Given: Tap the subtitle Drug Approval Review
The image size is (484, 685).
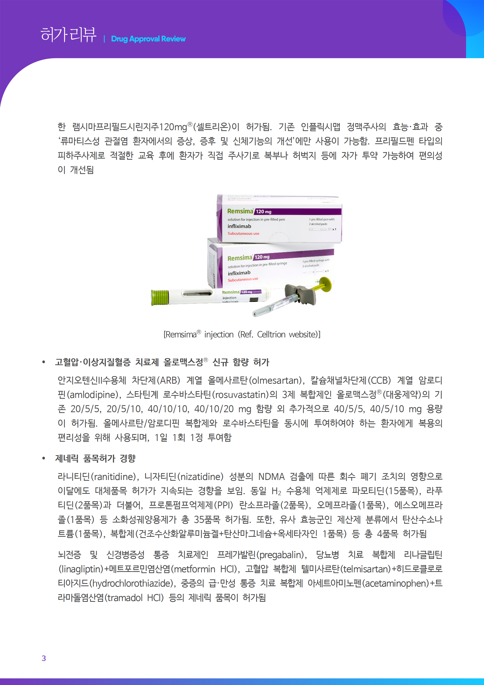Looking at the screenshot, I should coord(148,39).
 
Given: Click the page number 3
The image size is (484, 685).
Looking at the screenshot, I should coord(44,658).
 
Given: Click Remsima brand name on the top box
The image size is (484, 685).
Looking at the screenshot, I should coord(240,211).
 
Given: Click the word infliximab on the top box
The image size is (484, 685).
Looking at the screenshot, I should coord(239,226).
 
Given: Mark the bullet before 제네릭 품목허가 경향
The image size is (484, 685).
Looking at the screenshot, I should coord(44,458).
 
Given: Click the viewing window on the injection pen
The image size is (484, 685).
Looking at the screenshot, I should coord(197,294).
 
